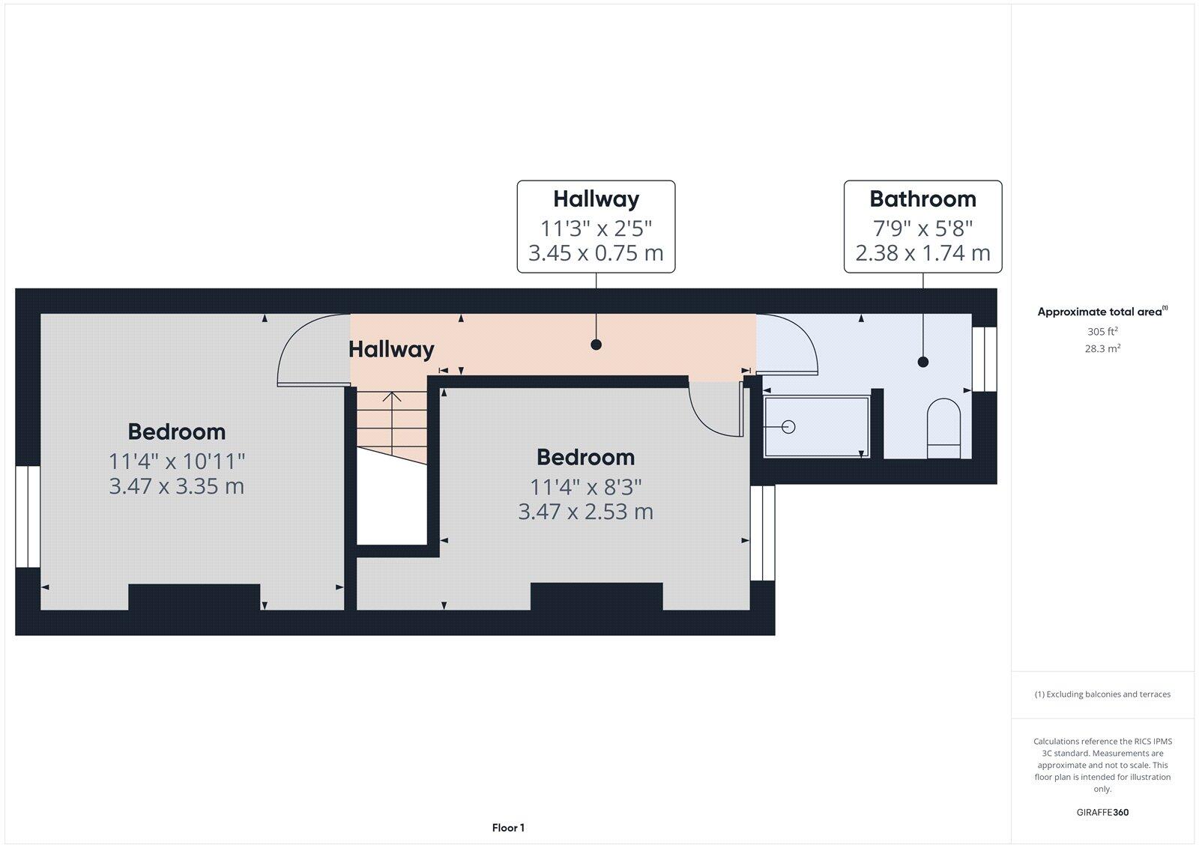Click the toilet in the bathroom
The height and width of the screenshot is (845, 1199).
click(x=943, y=428)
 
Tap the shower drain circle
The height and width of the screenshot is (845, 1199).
click(x=788, y=427)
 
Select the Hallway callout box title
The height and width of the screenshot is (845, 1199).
click(x=596, y=199)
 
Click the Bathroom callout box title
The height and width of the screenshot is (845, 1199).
click(x=922, y=199)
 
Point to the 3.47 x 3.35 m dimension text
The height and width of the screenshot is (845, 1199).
click(x=177, y=486)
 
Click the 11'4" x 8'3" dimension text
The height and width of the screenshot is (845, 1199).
click(x=586, y=488)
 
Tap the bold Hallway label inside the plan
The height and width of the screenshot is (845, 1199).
click(x=391, y=350)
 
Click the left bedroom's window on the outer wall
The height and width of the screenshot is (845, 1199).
click(x=28, y=516)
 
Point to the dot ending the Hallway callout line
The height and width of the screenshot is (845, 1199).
click(x=596, y=345)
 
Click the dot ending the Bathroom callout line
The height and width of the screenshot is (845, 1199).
click(x=922, y=362)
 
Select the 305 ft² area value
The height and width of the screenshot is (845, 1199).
click(x=1102, y=331)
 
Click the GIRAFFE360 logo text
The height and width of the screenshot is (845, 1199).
click(x=1102, y=812)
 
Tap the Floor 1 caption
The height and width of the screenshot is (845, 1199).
click(x=508, y=828)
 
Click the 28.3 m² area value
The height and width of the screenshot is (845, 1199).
click(x=1102, y=348)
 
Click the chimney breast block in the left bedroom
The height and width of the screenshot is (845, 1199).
click(x=194, y=597)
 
